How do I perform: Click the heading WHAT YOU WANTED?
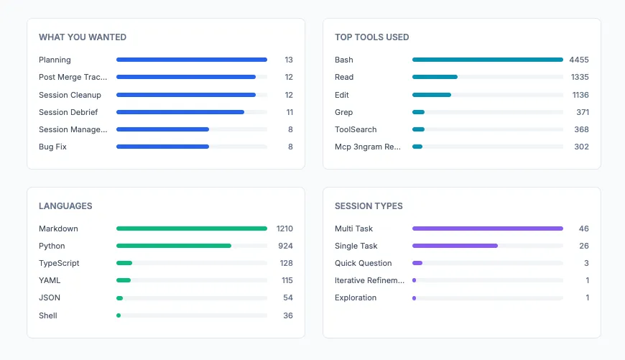(x=83, y=37)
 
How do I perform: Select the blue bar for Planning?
(x=191, y=60)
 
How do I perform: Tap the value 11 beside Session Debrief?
(x=289, y=112)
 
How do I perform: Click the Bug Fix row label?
(x=52, y=147)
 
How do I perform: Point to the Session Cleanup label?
(x=70, y=95)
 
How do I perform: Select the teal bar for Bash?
(x=487, y=60)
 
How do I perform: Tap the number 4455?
(x=578, y=60)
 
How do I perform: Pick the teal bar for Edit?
(x=432, y=95)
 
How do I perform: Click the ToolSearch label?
(x=356, y=129)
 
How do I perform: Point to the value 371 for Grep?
(x=582, y=112)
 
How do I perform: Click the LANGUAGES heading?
(x=66, y=206)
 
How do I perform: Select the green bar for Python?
(x=174, y=246)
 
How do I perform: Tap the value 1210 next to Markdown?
(x=284, y=229)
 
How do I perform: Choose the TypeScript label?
(x=59, y=263)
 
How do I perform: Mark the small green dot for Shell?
(x=119, y=315)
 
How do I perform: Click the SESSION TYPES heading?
(x=369, y=206)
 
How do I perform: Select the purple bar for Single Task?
(x=455, y=246)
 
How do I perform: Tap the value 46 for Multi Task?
(x=583, y=229)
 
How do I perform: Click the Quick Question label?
(x=364, y=263)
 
